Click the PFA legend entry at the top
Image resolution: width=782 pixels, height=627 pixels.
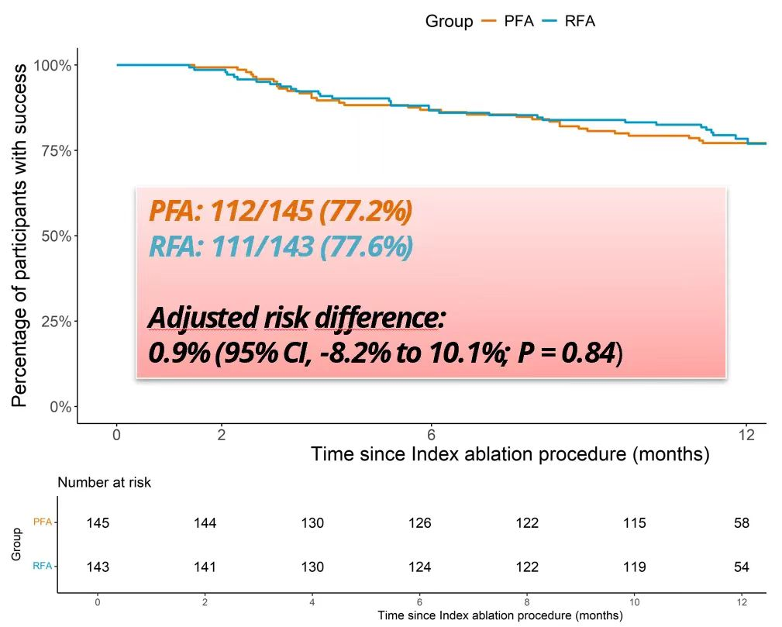tap(518, 21)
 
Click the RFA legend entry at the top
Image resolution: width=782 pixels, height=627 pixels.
tap(580, 21)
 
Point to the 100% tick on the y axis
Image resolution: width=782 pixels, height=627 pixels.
tap(53, 65)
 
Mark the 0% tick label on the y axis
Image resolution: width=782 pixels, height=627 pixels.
tap(60, 407)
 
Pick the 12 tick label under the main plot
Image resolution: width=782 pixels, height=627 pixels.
tap(745, 435)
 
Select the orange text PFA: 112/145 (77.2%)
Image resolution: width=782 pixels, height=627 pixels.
tap(280, 211)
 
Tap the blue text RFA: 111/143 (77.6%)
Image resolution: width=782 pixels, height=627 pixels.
tap(280, 247)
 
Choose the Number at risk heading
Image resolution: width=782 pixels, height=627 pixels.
tap(105, 483)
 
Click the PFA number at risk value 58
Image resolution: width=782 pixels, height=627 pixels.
tap(742, 523)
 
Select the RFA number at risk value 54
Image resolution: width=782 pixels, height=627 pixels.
tap(742, 567)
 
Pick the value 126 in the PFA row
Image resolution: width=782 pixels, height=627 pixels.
tap(420, 523)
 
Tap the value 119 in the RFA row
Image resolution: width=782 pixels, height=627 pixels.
tap(634, 567)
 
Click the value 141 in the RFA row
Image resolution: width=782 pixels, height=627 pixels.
tap(205, 567)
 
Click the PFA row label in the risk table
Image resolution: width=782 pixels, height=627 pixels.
tap(42, 522)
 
